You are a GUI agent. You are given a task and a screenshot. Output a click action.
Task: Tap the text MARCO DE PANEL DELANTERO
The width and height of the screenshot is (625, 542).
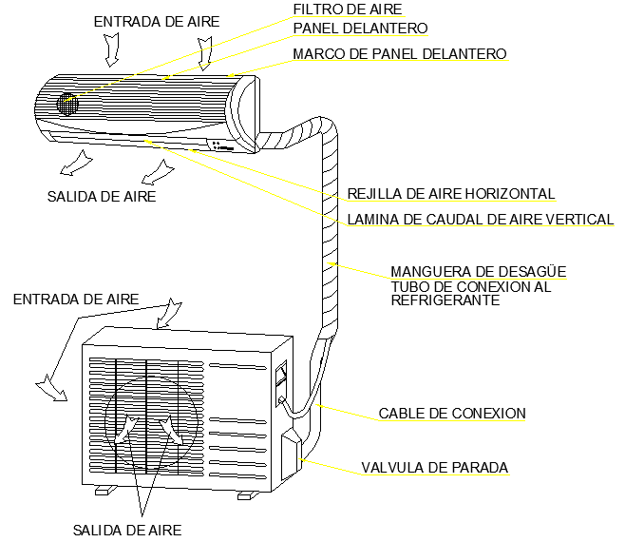pyautogui.click(x=399, y=53)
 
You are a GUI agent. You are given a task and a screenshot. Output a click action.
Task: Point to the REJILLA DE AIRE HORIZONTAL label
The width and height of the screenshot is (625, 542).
pyautogui.click(x=450, y=194)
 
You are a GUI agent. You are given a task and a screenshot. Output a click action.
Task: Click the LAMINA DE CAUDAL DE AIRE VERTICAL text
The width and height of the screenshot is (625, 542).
pyautogui.click(x=480, y=220)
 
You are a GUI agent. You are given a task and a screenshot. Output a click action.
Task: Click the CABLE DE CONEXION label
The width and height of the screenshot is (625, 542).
pyautogui.click(x=451, y=414)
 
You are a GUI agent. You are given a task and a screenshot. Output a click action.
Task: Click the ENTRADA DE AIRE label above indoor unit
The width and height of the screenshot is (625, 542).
pyautogui.click(x=156, y=20)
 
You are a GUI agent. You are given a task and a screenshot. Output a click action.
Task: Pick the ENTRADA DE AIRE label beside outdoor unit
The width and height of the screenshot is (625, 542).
pyautogui.click(x=75, y=299)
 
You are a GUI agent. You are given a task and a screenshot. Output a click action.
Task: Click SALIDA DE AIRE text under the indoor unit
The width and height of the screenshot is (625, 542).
pyautogui.click(x=101, y=197)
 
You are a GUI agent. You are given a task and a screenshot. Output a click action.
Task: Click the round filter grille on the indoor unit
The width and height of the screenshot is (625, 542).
pyautogui.click(x=66, y=104)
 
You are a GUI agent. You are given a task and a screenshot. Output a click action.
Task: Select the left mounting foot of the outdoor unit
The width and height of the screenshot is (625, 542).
pyautogui.click(x=104, y=491)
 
